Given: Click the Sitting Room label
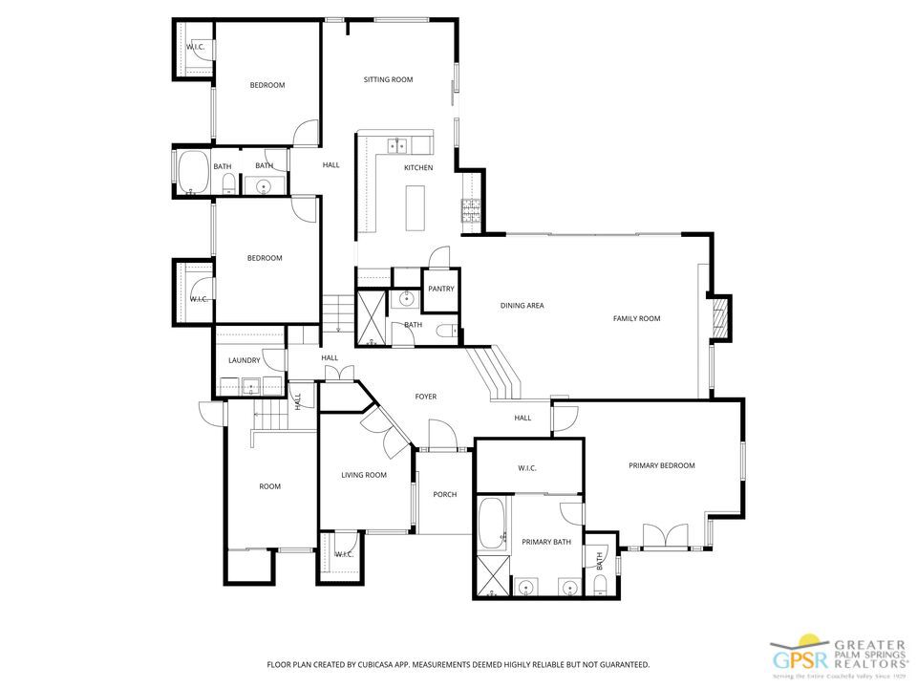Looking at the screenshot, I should click(x=388, y=79).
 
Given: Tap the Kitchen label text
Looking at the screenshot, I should click(x=418, y=167).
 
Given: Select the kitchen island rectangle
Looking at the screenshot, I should click(x=416, y=208).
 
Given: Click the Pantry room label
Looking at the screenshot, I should click(x=440, y=289).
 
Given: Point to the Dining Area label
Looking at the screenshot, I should click(x=522, y=306).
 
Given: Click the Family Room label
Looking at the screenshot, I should click(x=636, y=318).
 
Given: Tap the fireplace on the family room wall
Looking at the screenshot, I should click(x=723, y=318).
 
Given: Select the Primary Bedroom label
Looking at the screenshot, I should click(x=661, y=465).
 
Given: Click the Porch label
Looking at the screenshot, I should click(x=444, y=494).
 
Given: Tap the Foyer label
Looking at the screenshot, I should click(x=425, y=397).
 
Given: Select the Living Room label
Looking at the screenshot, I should click(x=363, y=474).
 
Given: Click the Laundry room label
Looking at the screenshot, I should click(x=244, y=360).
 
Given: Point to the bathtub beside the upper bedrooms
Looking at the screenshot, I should click(x=193, y=172).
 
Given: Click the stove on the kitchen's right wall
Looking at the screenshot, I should click(x=471, y=210).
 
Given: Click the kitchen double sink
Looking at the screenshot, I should click(x=397, y=145).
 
